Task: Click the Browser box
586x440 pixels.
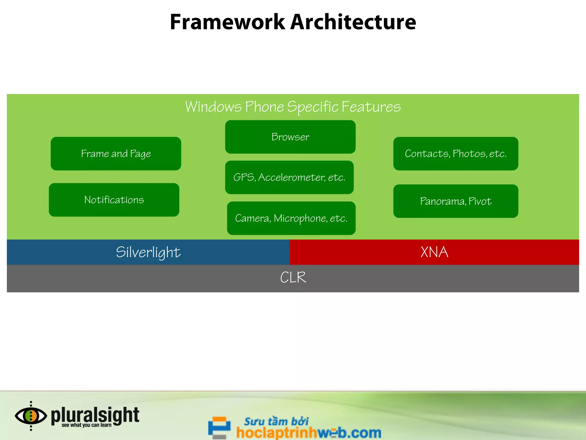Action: click(290, 137)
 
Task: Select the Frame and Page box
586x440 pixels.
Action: click(116, 154)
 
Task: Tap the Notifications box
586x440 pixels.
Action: click(114, 200)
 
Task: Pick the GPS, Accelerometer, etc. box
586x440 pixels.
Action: click(289, 177)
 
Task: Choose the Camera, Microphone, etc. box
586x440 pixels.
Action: click(291, 218)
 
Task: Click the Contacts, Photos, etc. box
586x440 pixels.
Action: click(456, 154)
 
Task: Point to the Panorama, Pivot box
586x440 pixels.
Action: click(456, 201)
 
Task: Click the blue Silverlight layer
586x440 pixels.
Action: click(148, 252)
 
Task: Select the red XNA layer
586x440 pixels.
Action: click(434, 252)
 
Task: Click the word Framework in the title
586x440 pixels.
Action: click(227, 22)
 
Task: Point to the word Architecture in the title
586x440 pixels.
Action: click(353, 22)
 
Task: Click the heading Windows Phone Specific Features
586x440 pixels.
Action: click(293, 107)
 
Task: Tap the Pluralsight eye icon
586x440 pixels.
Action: click(31, 416)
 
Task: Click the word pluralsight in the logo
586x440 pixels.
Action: click(95, 415)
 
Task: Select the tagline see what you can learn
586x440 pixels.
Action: click(86, 425)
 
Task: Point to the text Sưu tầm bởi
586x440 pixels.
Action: click(276, 421)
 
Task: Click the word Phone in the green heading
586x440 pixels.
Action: click(264, 107)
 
